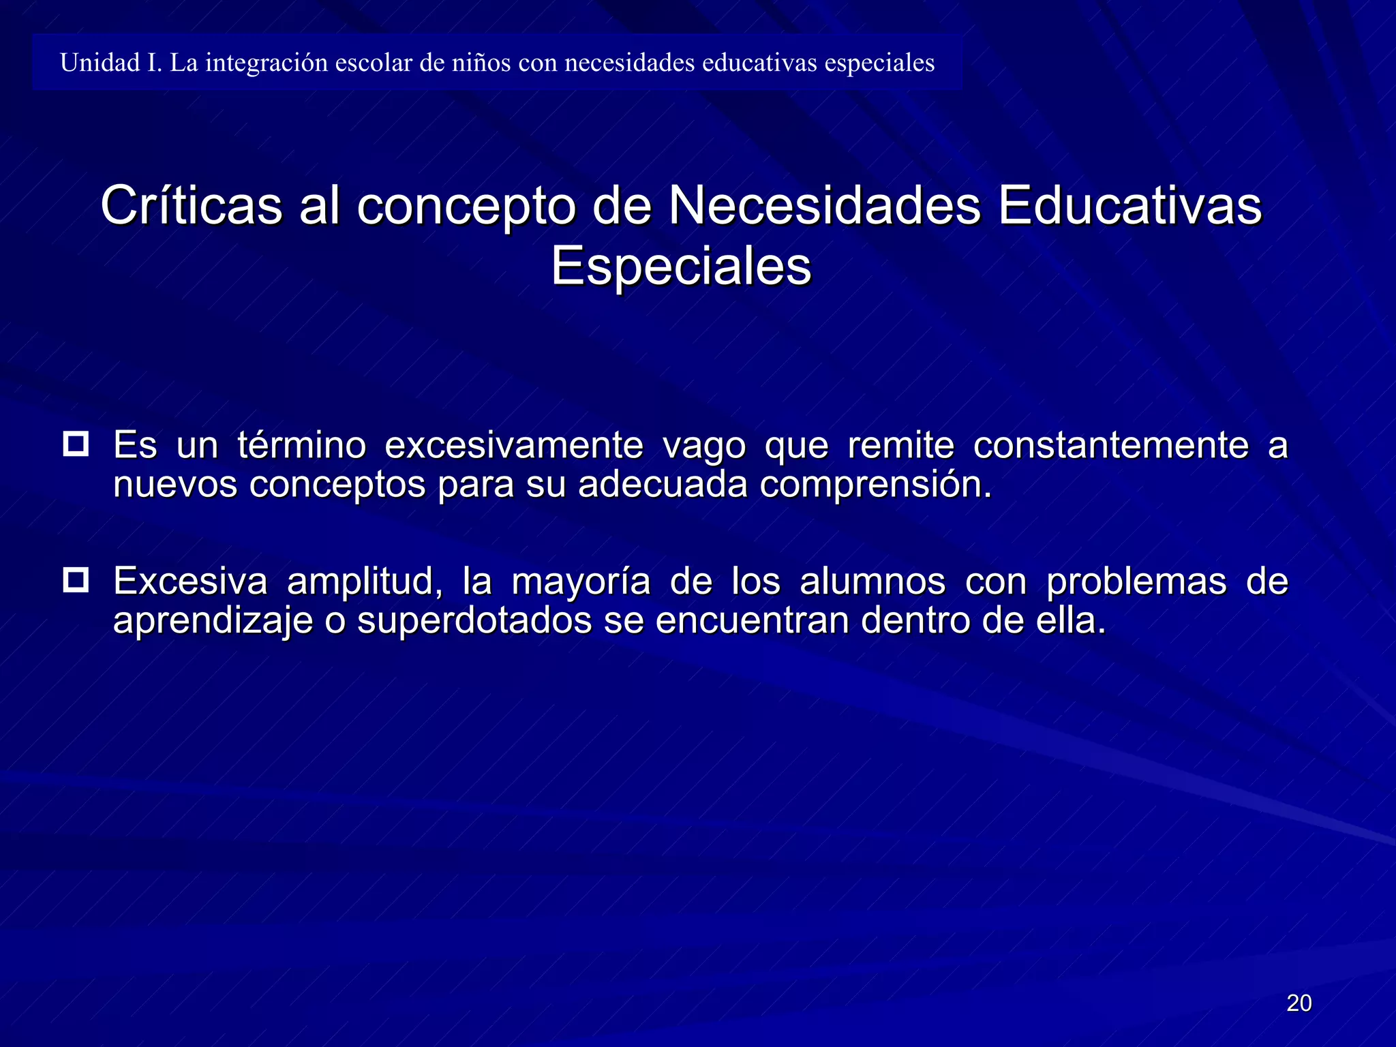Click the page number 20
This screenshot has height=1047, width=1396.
pyautogui.click(x=1299, y=1003)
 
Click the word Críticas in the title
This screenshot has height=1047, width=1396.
pyautogui.click(x=191, y=204)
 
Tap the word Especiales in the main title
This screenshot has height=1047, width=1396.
pyautogui.click(x=681, y=266)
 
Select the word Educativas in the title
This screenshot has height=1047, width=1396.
pyautogui.click(x=1129, y=204)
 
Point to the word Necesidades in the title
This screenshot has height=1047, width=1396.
pyautogui.click(x=824, y=204)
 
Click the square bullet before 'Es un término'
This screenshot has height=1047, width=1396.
pyautogui.click(x=76, y=444)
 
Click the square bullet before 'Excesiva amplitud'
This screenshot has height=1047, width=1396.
pyautogui.click(x=76, y=580)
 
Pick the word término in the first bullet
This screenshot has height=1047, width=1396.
pyautogui.click(x=301, y=446)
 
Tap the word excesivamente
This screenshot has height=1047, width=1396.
pyautogui.click(x=514, y=446)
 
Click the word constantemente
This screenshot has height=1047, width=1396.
pyautogui.click(x=1110, y=446)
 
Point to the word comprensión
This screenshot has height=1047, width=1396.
pyautogui.click(x=875, y=485)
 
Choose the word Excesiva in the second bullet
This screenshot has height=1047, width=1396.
pyautogui.click(x=190, y=581)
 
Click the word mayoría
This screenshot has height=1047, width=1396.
pyautogui.click(x=581, y=583)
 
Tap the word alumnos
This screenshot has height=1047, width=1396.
pyautogui.click(x=872, y=581)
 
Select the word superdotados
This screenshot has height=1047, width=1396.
pyautogui.click(x=474, y=621)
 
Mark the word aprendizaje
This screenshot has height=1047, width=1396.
pyautogui.click(x=213, y=622)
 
